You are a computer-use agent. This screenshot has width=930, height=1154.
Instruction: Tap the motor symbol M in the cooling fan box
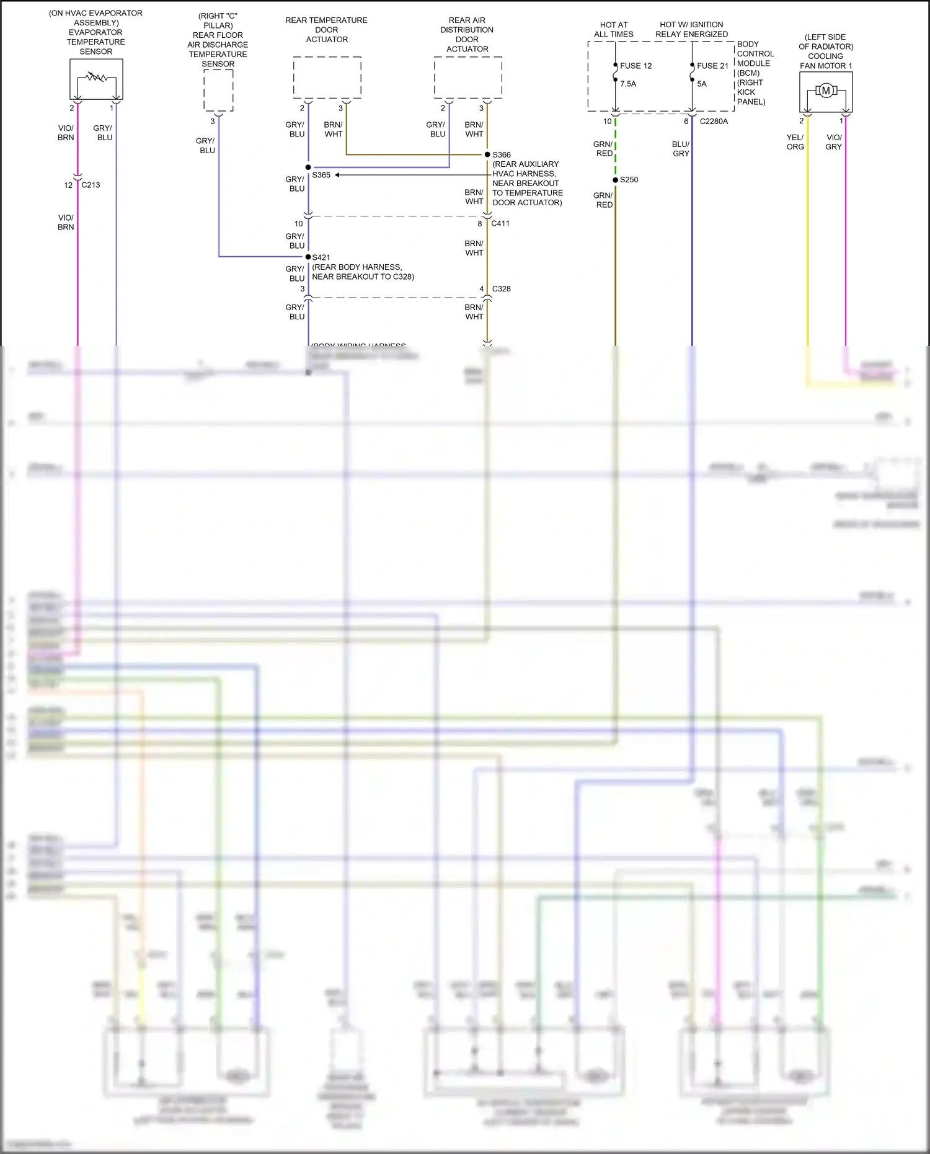point(825,91)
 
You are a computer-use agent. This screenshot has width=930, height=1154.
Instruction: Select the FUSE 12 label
point(635,66)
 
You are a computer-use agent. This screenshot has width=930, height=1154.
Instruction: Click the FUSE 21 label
point(712,66)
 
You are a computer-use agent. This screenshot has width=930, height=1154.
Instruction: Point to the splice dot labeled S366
point(487,154)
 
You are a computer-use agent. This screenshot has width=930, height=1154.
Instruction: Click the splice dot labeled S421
point(308,257)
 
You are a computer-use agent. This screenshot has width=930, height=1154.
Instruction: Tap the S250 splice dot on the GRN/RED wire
point(615,180)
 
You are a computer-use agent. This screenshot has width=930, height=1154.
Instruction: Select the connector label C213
point(91,185)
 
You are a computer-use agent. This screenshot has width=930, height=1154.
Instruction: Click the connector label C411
point(500,223)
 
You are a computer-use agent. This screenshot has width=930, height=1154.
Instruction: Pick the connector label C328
point(501,289)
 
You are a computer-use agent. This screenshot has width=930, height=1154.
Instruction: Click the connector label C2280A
point(714,122)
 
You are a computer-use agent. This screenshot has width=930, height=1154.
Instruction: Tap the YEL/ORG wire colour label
point(795,142)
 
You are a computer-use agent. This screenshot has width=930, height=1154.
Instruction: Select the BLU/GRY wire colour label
point(681,149)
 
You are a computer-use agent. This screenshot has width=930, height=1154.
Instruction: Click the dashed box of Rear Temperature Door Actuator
point(327,77)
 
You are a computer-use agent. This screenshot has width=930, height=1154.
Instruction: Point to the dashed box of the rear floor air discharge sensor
point(218,90)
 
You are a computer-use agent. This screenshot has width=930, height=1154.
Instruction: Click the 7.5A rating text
point(628,84)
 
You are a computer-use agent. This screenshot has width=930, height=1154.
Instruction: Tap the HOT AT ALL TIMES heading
point(614,30)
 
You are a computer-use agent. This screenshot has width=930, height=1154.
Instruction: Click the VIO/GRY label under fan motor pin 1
point(834,142)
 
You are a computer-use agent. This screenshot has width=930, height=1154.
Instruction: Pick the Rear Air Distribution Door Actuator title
point(467,35)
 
